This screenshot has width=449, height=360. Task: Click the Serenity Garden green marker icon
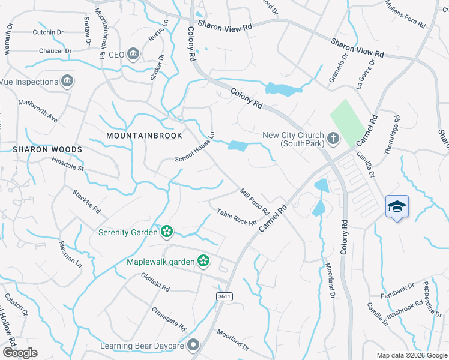tap(166, 231)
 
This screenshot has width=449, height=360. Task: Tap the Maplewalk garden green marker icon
tap(203, 261)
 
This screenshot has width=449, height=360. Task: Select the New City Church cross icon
tap(333, 139)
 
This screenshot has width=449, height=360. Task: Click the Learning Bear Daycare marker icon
tap(193, 344)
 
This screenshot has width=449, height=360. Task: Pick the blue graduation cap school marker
tap(397, 207)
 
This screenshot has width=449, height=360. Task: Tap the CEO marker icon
tap(133, 55)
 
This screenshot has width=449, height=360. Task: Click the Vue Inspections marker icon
tap(67, 81)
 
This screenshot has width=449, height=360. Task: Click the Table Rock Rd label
tap(237, 217)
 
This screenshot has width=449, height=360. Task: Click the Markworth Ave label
tap(38, 112)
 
